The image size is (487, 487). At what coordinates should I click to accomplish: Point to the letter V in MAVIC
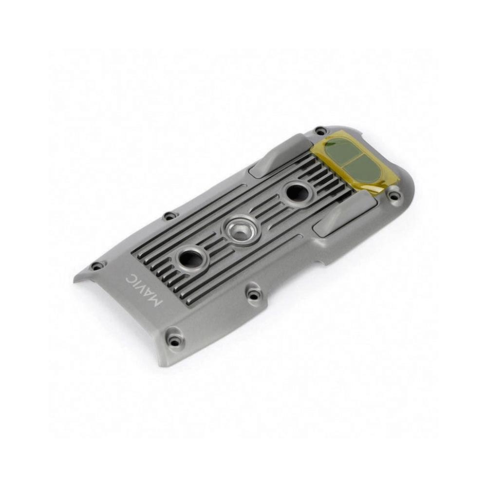tap(143, 289)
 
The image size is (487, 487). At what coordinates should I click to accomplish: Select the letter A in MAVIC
tap(150, 296)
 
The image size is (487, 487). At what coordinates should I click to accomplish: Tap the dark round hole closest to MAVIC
tap(191, 258)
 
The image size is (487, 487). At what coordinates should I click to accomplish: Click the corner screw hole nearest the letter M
tap(174, 339)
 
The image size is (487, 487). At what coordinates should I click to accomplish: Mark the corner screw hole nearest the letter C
tap(97, 266)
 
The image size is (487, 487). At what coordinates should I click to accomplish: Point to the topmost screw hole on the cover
tap(319, 131)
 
